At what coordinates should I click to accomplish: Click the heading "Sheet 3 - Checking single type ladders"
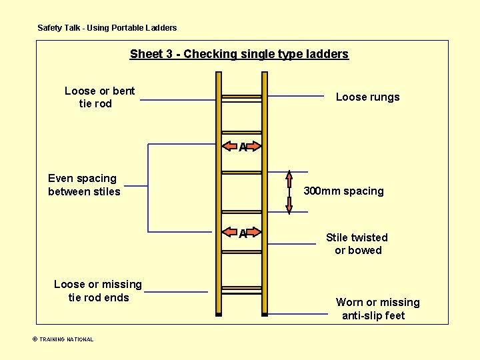pyautogui.click(x=239, y=54)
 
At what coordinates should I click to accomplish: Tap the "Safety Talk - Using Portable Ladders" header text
pyautogui.click(x=107, y=28)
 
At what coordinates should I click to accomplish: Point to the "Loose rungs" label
pyautogui.click(x=367, y=97)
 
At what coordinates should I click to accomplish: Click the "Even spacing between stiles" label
pyautogui.click(x=84, y=185)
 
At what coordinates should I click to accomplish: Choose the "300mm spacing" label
pyautogui.click(x=343, y=191)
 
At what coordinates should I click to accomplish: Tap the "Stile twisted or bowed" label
pyautogui.click(x=357, y=244)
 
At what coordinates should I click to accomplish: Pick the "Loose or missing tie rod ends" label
pyautogui.click(x=98, y=291)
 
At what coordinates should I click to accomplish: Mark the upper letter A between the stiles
pyautogui.click(x=243, y=147)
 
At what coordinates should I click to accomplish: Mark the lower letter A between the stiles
pyautogui.click(x=243, y=233)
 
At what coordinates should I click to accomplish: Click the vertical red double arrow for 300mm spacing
pyautogui.click(x=289, y=193)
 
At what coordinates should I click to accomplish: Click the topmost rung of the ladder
pyautogui.click(x=241, y=98)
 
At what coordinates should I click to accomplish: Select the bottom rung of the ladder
pyautogui.click(x=241, y=289)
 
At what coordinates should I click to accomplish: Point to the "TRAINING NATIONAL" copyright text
pyautogui.click(x=63, y=339)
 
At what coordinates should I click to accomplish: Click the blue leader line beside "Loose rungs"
pyautogui.click(x=296, y=97)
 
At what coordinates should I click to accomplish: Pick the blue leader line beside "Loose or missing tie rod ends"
pyautogui.click(x=176, y=291)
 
